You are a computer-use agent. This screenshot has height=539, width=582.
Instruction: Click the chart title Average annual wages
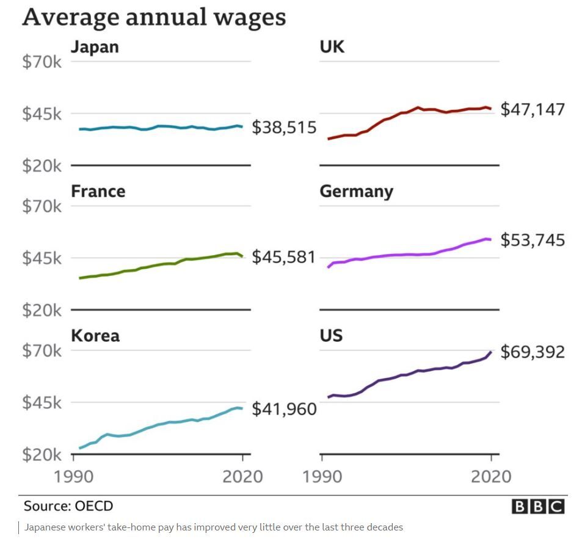pos(154,17)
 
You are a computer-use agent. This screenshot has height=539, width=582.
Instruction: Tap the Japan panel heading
pos(95,47)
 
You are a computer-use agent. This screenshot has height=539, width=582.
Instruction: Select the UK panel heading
pos(332,47)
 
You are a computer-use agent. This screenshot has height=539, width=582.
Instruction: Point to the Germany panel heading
pos(356,192)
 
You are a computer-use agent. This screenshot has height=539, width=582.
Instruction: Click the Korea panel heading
pos(95,336)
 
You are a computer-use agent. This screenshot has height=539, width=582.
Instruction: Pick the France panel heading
pos(98,192)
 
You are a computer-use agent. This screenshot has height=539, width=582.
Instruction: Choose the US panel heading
pos(331,336)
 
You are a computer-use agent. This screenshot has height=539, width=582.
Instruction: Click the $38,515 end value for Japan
pos(284,128)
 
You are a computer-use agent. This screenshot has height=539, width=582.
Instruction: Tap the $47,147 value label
pos(533,109)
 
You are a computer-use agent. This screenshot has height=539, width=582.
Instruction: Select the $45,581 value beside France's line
pos(284,257)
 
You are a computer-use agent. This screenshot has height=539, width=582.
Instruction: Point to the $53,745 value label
pos(533,241)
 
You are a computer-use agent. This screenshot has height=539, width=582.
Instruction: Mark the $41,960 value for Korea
pos(284,408)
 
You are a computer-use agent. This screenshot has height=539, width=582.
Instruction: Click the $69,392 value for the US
pos(533,352)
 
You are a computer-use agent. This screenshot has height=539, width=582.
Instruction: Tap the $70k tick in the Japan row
pos(42,62)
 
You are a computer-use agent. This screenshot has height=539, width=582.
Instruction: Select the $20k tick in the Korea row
pos(42,455)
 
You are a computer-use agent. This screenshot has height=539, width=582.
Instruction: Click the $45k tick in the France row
pos(42,258)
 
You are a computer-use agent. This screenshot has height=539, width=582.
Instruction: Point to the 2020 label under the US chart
pos(490,476)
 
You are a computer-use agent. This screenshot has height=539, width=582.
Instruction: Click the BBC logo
pos(537,507)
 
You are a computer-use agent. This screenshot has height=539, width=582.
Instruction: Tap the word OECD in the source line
pos(94,506)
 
